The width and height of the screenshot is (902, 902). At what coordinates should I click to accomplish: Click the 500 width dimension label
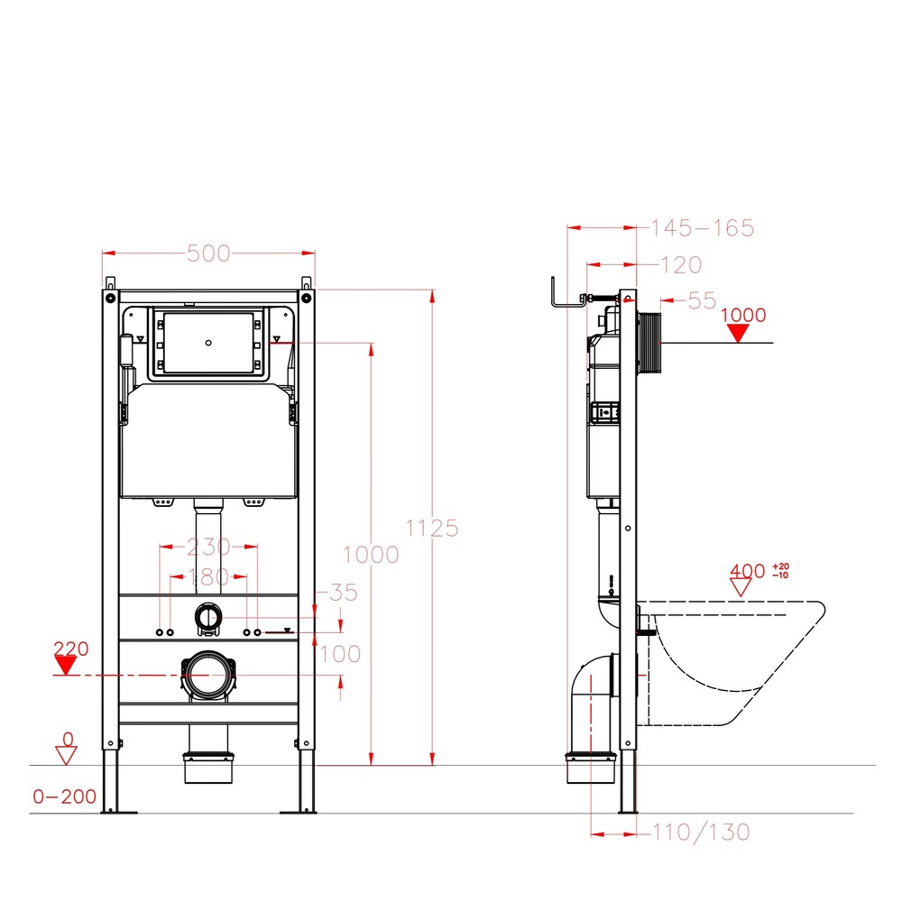209,253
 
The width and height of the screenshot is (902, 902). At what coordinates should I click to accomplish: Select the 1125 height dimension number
432,528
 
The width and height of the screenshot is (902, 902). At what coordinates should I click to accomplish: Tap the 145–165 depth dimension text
703,228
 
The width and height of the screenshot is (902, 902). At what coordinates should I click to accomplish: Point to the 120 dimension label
681,265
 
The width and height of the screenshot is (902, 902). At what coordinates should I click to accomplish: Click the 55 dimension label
702,301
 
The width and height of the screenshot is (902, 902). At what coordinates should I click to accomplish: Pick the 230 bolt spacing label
209,547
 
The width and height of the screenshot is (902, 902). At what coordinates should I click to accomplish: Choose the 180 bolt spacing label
209,576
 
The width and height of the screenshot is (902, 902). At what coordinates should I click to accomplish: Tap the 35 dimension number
344,593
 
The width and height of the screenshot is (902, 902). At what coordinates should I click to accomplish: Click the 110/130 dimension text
701,833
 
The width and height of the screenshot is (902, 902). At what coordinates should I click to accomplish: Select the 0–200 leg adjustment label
64,796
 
